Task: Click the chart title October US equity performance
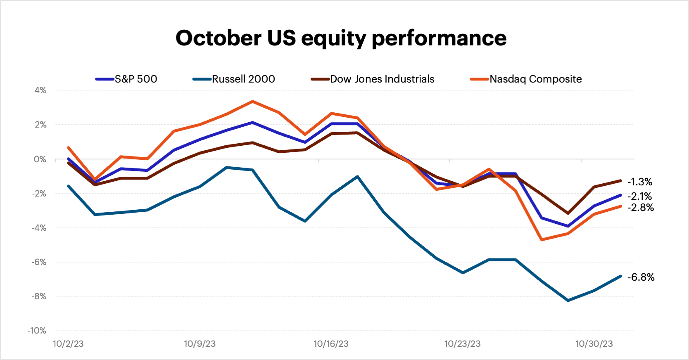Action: point(341,38)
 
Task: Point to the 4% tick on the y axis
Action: point(40,90)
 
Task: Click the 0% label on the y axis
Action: point(40,159)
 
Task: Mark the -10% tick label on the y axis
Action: point(37,330)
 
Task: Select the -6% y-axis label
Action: point(38,262)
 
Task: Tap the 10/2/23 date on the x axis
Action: point(68,343)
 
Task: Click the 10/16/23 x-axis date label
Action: point(331,343)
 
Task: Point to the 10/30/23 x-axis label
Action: point(594,343)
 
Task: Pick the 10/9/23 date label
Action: point(200,343)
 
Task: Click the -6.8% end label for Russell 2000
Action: point(641,277)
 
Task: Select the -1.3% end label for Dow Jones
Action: point(640,182)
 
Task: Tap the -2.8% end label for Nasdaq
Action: point(641,207)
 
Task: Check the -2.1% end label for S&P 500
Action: point(640,196)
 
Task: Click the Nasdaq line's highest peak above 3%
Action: point(252,101)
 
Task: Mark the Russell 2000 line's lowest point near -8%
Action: point(568,300)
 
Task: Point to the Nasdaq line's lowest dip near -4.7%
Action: point(542,239)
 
